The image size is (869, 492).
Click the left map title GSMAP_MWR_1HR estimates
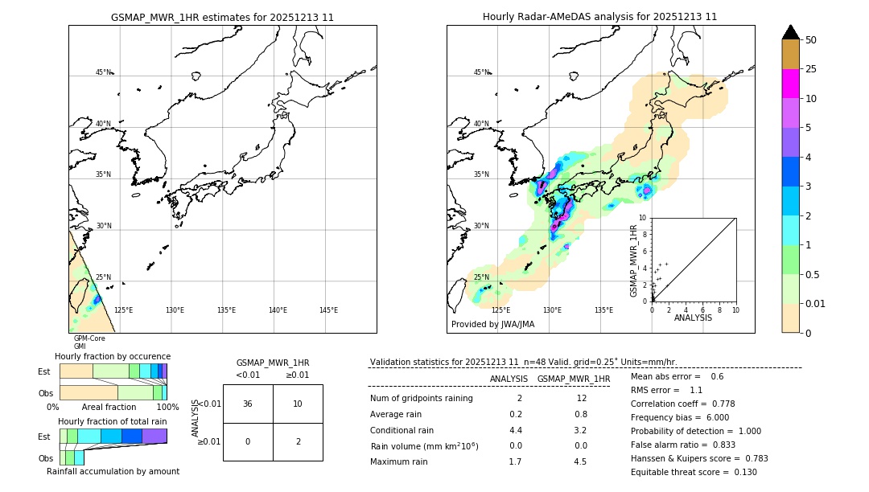click(222, 17)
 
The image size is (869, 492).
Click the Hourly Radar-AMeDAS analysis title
click(599, 17)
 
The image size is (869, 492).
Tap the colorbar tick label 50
click(812, 40)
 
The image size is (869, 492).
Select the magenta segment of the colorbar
click(790, 84)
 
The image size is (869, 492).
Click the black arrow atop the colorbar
click(790, 32)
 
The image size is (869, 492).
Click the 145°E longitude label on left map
click(328, 310)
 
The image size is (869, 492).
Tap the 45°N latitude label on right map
click(481, 72)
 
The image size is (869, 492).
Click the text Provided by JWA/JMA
click(492, 324)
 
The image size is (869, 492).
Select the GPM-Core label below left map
click(89, 338)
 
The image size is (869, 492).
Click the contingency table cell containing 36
click(248, 404)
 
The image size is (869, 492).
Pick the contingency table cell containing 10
click(298, 404)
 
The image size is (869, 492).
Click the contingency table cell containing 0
click(248, 441)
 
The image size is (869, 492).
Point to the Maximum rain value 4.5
click(579, 461)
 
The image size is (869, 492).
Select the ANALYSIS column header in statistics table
click(509, 379)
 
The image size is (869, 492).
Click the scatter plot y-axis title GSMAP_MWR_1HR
click(634, 260)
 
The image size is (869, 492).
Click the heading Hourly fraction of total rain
click(113, 421)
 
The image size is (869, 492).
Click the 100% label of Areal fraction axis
click(167, 408)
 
